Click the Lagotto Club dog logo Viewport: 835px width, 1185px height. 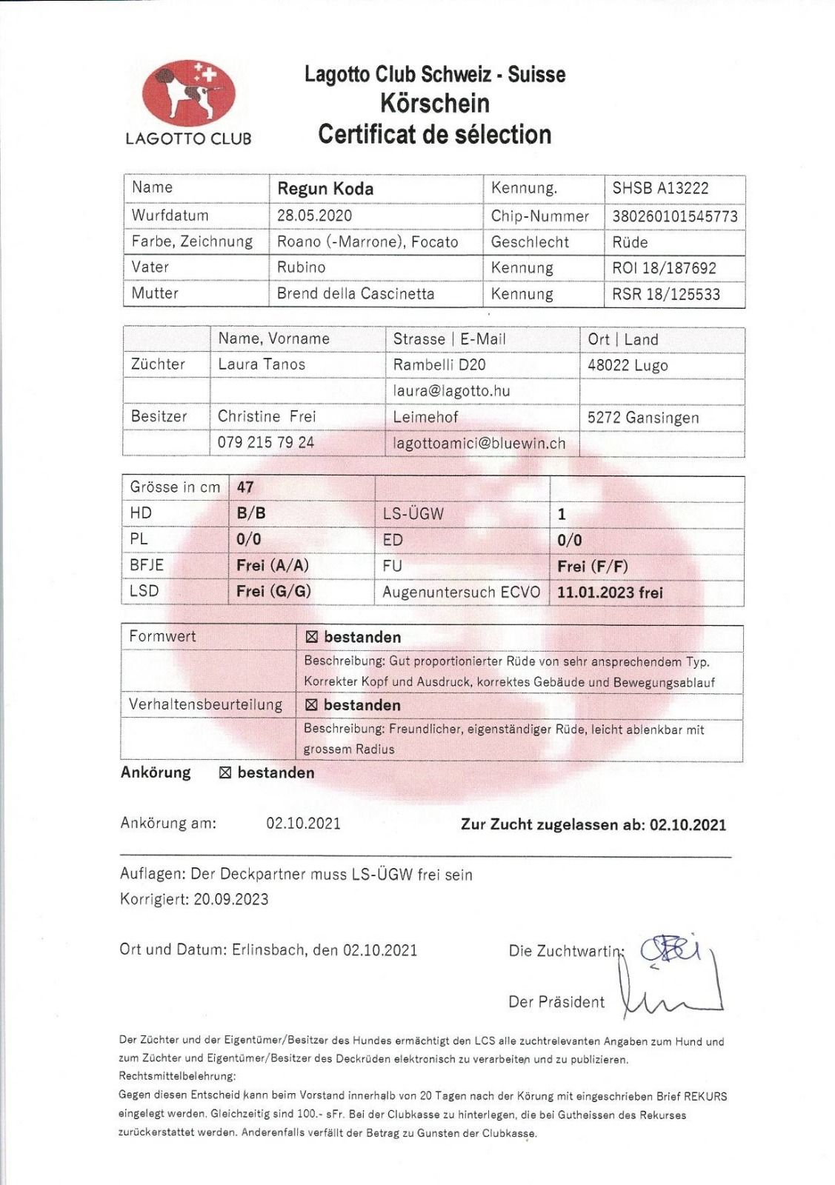(x=188, y=93)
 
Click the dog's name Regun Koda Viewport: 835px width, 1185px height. (x=325, y=188)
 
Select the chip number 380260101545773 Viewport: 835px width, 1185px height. (x=674, y=216)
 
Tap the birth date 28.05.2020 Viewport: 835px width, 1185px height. (x=314, y=216)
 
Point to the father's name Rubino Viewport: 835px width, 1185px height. (x=301, y=267)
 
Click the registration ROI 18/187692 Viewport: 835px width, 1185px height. (x=664, y=268)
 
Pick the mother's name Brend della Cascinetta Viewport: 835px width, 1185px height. (x=356, y=293)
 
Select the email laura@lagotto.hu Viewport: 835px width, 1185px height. (x=451, y=390)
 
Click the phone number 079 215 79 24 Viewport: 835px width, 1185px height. (x=265, y=442)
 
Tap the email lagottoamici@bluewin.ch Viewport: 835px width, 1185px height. (x=479, y=443)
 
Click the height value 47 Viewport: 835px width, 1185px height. (x=244, y=487)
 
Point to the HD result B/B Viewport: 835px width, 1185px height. (x=250, y=513)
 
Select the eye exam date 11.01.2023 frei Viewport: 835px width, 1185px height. (x=610, y=592)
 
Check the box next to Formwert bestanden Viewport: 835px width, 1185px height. (x=311, y=637)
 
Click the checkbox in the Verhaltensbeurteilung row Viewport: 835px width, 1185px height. (x=311, y=705)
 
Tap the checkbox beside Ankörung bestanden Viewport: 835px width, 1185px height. (x=225, y=773)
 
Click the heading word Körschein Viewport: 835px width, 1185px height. (x=435, y=103)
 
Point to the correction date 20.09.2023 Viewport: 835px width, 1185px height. (x=231, y=900)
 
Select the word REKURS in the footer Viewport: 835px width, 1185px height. (x=705, y=1096)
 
